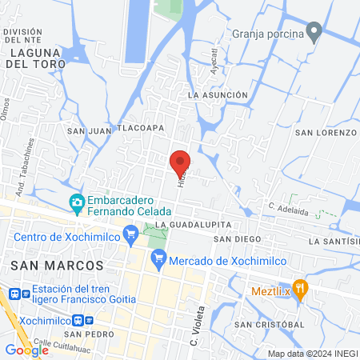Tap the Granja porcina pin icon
314,34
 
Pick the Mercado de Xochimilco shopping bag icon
158,258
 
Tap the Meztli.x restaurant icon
300,289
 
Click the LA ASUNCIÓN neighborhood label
218,95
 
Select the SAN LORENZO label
325,132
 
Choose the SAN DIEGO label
238,238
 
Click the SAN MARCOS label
57,264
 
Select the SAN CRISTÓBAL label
270,324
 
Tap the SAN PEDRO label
86,334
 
